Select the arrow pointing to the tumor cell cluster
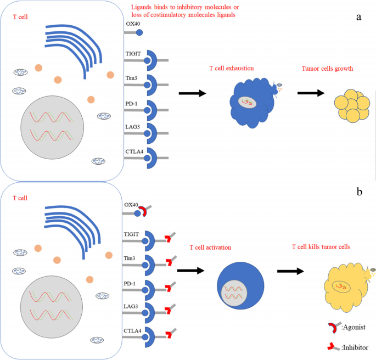coord(310,93)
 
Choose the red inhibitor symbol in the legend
coord(330,346)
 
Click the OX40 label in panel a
coord(133,24)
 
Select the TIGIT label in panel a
coord(134,53)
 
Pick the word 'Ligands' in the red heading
coord(143,7)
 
